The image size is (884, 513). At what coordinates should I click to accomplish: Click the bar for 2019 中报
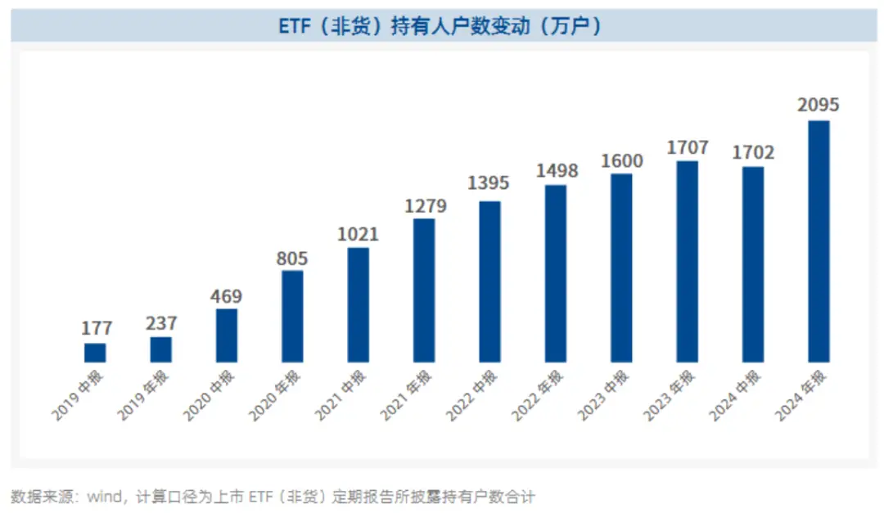coord(95,353)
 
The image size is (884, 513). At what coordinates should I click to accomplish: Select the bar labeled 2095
coord(819,241)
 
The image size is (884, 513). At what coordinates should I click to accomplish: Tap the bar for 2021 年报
coord(424,290)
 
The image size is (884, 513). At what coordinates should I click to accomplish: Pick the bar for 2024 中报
coord(753,264)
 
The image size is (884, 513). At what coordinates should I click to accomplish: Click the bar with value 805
coord(292,317)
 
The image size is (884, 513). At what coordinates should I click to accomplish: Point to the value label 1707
coord(688,148)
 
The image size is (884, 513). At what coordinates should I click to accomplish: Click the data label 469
coord(227,296)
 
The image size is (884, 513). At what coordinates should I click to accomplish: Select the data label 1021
coord(358,235)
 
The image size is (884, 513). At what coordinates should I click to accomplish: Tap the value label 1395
coord(489,183)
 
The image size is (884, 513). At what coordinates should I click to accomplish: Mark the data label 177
coord(96,329)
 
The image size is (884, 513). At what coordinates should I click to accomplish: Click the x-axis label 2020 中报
coord(210,396)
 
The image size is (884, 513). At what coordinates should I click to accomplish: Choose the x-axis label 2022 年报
coord(539,396)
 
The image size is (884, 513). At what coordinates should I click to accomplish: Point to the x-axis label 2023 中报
coord(604,396)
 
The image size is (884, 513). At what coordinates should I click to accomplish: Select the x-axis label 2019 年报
coord(144,396)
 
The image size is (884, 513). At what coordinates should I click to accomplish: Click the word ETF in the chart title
coord(295,26)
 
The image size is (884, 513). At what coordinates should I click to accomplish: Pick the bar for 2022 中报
coord(489,281)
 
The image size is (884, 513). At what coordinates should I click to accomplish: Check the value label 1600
coord(622,161)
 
